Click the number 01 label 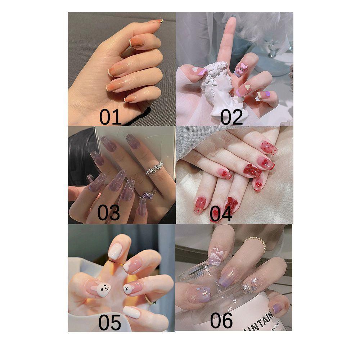(x=111, y=117)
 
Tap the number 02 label (x=231, y=117)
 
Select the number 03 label (x=109, y=212)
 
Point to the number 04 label (x=221, y=213)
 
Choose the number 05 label (x=110, y=322)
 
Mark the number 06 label (x=221, y=320)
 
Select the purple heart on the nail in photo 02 (x=267, y=94)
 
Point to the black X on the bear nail (x=127, y=288)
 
